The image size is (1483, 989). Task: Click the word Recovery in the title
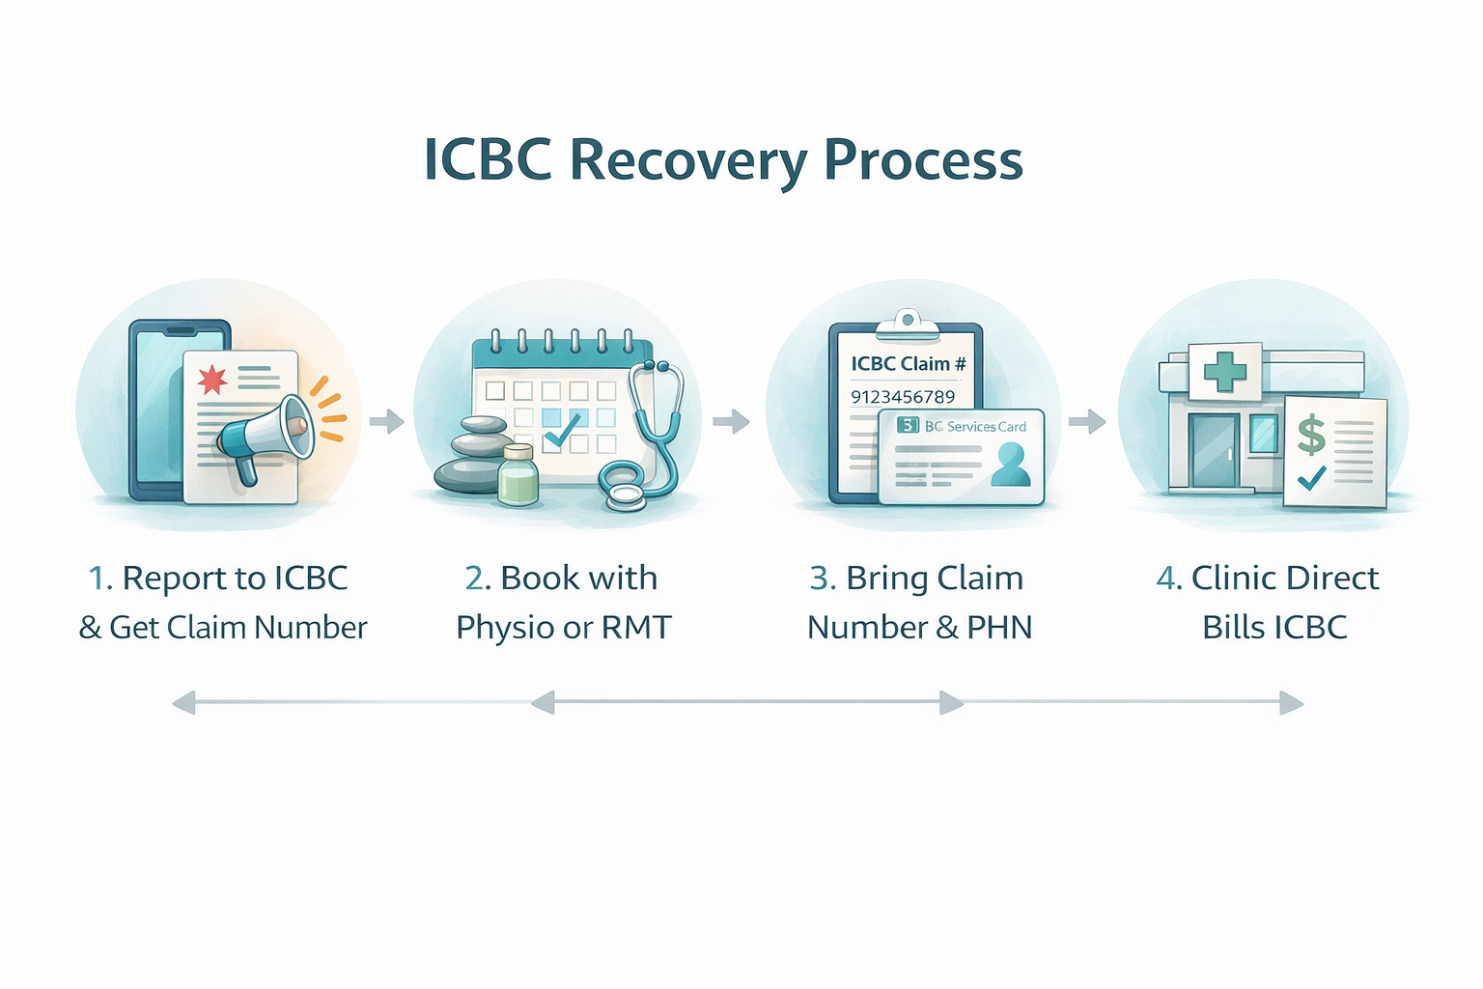(x=688, y=160)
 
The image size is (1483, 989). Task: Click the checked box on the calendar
(x=562, y=425)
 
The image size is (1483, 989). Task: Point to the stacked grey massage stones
(x=471, y=454)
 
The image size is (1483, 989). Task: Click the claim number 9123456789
(x=902, y=397)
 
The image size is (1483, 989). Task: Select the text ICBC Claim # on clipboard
(x=908, y=364)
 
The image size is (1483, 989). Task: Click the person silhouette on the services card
(x=1010, y=465)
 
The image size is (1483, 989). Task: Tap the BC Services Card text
(x=975, y=426)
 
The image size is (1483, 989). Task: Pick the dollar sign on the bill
(x=1311, y=435)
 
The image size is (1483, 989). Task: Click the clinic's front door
(x=1214, y=450)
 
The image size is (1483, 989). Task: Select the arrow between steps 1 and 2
(x=386, y=421)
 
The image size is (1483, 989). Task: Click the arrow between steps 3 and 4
(x=1087, y=421)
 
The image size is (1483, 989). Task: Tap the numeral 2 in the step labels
(x=475, y=579)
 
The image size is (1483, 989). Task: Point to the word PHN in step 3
(x=999, y=628)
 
